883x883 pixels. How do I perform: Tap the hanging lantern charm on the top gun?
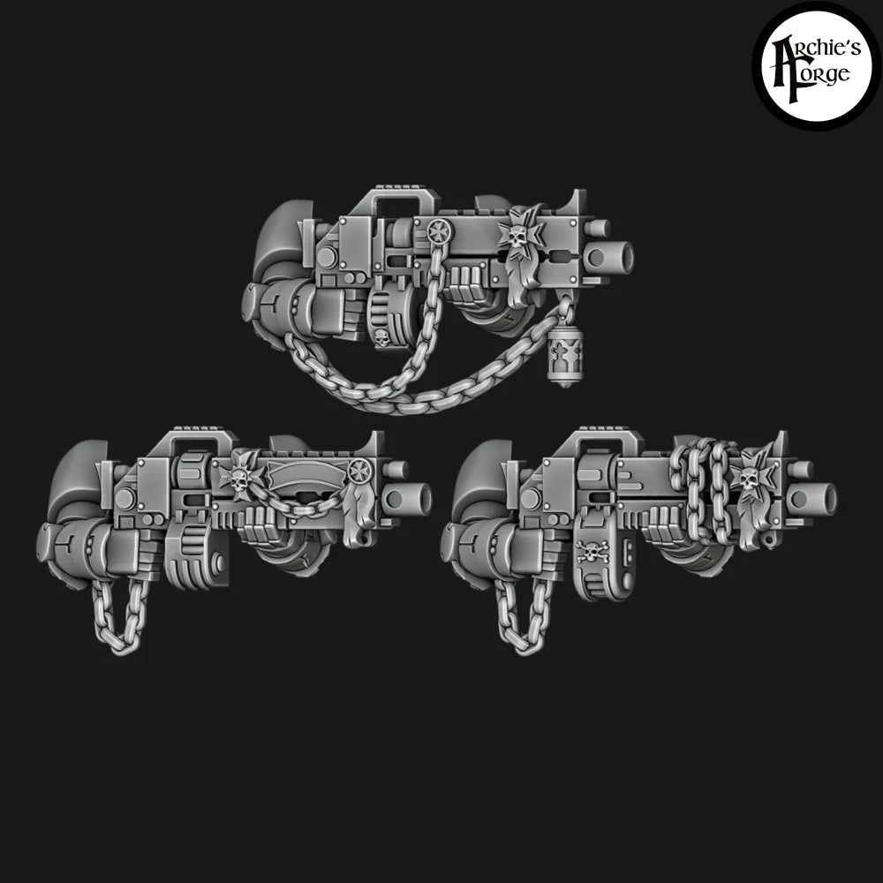pos(562,357)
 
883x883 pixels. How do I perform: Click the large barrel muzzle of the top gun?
pos(615,256)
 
